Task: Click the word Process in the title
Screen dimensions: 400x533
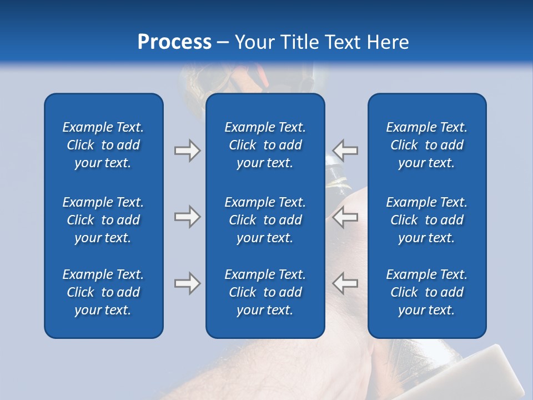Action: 174,42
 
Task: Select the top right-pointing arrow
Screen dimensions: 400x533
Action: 187,151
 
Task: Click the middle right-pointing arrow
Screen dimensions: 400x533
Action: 187,217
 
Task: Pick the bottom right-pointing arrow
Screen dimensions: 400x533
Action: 187,283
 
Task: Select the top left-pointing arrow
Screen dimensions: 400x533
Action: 345,151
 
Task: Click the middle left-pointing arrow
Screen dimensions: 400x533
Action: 345,217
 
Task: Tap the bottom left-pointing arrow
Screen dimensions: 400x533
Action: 345,283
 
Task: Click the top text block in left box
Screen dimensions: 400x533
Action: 103,145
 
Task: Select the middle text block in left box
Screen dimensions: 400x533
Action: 103,220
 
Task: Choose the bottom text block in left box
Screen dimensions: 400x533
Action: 103,292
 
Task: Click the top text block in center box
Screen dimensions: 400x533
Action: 265,145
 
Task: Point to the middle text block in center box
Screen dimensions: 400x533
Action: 265,220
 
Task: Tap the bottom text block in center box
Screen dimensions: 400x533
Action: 265,292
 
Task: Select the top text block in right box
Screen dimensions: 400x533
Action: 426,145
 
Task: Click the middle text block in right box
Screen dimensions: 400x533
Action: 426,220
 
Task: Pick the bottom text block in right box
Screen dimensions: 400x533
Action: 426,292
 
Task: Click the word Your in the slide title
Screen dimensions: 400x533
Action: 254,42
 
